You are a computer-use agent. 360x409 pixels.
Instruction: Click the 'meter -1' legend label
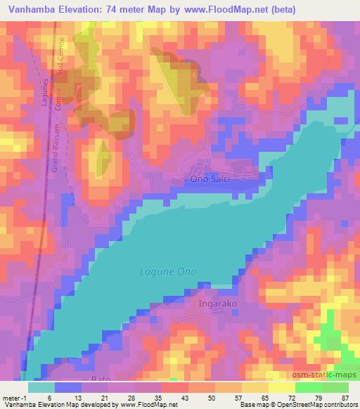coord(13,398)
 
